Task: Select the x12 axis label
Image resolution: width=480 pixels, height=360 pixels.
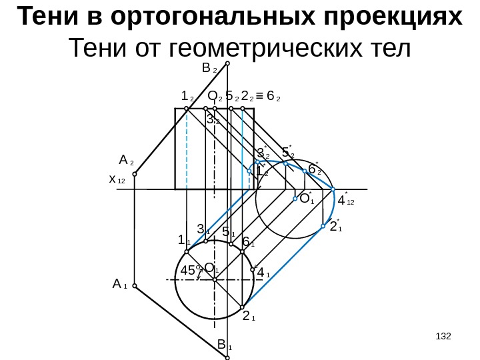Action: coord(117,180)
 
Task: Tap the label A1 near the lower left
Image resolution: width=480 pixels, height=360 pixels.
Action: coord(120,285)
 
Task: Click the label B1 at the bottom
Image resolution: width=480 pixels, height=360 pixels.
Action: coord(224,345)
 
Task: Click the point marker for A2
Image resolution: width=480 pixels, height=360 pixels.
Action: coord(135,175)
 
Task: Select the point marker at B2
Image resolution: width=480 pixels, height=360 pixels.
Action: coord(227,64)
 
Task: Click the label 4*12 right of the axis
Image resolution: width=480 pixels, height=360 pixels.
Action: coord(346,199)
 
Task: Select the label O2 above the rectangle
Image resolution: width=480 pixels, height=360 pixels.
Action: coord(215,97)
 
